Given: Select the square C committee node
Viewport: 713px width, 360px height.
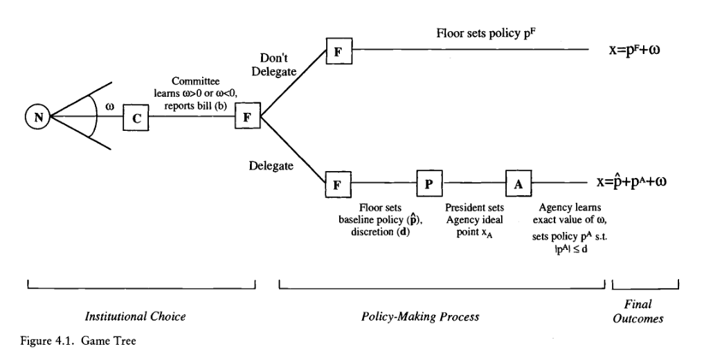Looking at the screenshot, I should point(136,118).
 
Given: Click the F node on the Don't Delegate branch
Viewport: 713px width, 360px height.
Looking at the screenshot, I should point(339,50).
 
